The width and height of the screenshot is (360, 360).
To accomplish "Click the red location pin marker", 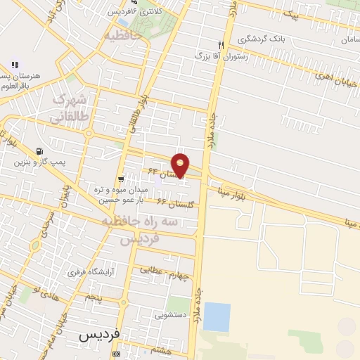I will click(x=181, y=165).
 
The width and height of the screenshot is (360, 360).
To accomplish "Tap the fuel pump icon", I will click(x=39, y=150).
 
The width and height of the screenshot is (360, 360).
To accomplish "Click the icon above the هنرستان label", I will click(x=14, y=65).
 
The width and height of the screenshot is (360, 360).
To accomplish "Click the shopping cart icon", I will click(x=122, y=179).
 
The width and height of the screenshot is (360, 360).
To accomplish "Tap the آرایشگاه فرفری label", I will click(x=91, y=271).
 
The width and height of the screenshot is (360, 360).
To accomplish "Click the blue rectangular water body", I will click(x=217, y=317).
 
